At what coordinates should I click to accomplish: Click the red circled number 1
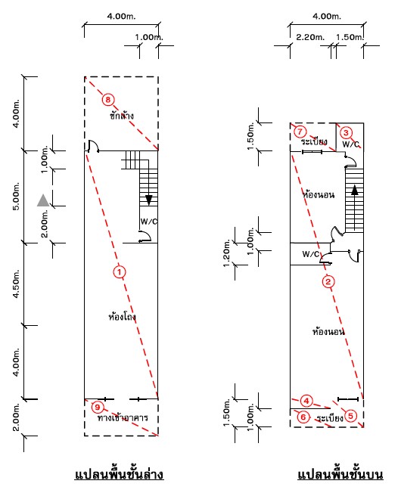click(120, 272)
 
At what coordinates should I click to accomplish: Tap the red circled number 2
click(328, 281)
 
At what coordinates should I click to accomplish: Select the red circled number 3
click(346, 132)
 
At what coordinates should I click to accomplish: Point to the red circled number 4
click(306, 401)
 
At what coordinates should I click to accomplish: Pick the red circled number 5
click(350, 417)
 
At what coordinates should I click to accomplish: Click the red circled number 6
click(303, 417)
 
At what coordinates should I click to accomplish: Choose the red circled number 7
click(300, 132)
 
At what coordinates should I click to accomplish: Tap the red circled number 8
click(108, 100)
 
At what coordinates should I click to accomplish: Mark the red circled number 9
click(98, 408)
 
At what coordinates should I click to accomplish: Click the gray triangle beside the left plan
click(43, 200)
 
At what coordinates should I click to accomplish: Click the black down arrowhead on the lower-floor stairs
click(149, 200)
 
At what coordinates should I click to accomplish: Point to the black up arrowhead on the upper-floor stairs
click(355, 191)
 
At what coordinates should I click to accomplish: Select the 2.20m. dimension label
click(310, 37)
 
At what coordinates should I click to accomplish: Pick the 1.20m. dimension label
click(227, 253)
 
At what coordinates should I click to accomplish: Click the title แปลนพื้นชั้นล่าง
click(119, 474)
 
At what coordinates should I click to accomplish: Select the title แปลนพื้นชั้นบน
click(340, 474)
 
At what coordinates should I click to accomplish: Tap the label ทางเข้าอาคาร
click(123, 417)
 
